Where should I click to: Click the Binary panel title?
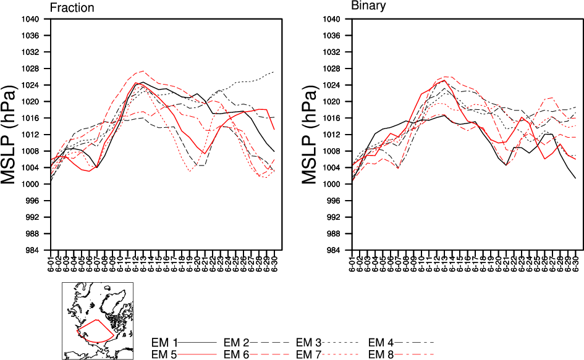coord(368,6)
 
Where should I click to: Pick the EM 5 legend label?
coord(164,354)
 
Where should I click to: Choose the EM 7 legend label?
coord(309,354)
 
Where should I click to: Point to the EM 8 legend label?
coord(381,354)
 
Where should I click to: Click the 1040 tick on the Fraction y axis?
coord(32,19)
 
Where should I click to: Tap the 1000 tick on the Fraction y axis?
coord(32,185)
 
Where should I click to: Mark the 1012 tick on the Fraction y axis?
coord(32,135)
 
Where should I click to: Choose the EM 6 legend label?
coord(236,354)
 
